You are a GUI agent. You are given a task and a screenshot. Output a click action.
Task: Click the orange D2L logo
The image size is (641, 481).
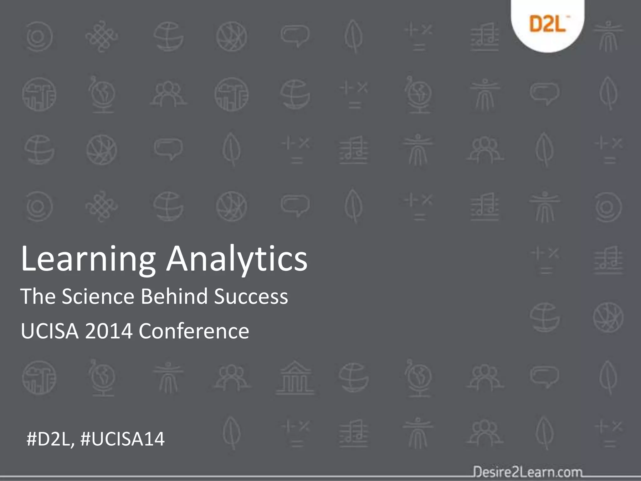[x=548, y=24]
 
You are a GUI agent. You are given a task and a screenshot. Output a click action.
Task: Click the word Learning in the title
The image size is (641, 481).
[x=88, y=259]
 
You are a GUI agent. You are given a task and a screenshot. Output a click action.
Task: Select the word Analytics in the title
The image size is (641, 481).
[x=237, y=259]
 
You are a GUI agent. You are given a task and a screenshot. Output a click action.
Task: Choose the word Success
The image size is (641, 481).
[x=251, y=297]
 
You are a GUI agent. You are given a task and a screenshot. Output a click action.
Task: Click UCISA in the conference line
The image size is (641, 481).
[x=49, y=331]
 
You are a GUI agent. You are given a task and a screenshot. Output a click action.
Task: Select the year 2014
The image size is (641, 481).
[x=109, y=331]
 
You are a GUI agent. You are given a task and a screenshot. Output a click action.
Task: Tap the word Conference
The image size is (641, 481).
[x=194, y=331]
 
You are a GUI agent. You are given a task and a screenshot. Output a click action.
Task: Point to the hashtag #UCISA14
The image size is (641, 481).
[x=122, y=439]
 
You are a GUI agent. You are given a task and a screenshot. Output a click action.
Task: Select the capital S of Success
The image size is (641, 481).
[x=220, y=297]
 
